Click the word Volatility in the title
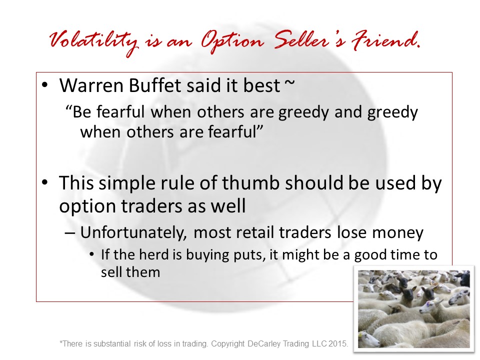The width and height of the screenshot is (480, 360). (93, 42)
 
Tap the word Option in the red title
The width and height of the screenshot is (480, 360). (232, 42)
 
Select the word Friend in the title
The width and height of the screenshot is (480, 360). (385, 40)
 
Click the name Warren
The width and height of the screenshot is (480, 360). (91, 85)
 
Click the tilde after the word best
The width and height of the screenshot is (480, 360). (289, 82)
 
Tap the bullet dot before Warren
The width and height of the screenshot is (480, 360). (44, 85)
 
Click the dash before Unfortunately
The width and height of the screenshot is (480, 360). (70, 233)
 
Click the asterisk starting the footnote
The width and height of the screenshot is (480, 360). (61, 342)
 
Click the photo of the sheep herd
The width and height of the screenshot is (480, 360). (414, 309)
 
